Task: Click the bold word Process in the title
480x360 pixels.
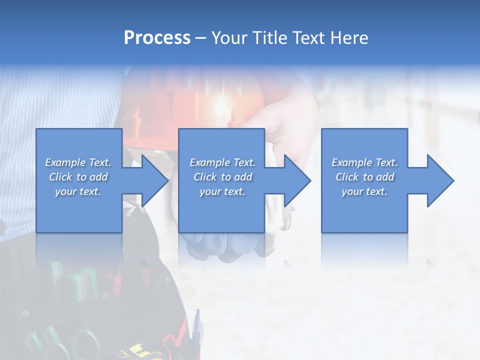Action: [157, 37]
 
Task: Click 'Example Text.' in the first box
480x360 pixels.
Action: [78, 162]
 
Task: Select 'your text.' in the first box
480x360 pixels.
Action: [78, 191]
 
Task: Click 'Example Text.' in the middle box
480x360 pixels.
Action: [222, 162]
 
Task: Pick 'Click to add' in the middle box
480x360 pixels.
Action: [222, 177]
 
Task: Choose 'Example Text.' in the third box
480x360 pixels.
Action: [364, 162]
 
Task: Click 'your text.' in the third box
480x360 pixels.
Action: [364, 191]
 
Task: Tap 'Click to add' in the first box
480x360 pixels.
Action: [78, 177]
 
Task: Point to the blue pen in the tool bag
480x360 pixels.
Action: [196, 327]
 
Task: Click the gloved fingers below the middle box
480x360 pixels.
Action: [220, 245]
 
